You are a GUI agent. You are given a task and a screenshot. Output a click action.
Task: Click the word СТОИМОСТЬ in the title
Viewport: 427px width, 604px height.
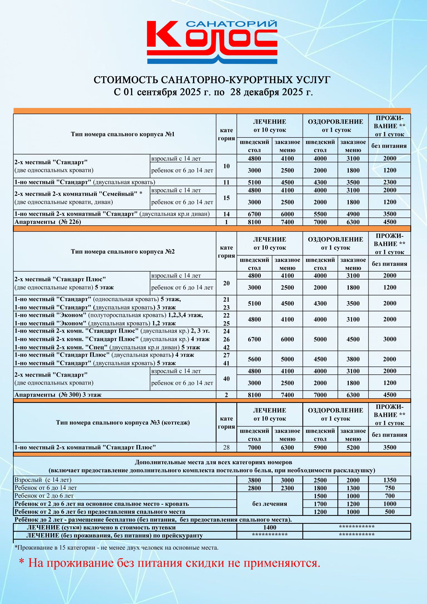click(126, 80)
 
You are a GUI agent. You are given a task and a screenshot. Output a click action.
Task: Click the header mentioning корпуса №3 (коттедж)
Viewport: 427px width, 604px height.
click(123, 423)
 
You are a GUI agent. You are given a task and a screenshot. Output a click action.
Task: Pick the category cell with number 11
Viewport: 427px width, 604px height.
click(226, 182)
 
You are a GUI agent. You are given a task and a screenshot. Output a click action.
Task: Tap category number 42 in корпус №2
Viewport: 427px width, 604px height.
click(226, 347)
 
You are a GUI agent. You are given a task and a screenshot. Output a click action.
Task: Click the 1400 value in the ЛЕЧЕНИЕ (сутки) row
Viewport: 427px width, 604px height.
click(270, 527)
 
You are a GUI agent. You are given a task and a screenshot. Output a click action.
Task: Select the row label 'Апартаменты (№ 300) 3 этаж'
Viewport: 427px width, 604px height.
click(58, 395)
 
